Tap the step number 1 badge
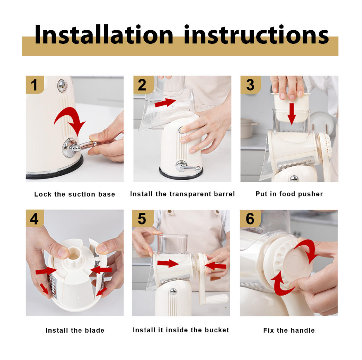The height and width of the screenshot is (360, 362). pos(35,85)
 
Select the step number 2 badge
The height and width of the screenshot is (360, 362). pos(142,85)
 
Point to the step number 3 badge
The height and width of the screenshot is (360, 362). pos(250,85)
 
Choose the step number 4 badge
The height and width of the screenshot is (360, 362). pos(35,219)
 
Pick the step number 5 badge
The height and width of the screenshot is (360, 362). pos(142,219)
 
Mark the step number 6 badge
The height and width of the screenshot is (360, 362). pos(250,219)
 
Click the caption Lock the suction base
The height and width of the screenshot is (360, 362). pos(75,194)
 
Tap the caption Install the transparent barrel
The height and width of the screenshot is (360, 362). pos(182,194)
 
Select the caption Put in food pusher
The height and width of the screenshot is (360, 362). pos(289,194)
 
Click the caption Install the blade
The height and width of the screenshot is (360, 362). pos(75,330)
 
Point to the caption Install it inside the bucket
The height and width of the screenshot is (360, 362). pos(181,330)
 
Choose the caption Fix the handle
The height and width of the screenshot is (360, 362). pos(289,330)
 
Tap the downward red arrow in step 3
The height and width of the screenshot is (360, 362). pos(292,113)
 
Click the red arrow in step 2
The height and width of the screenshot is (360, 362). pos(165,103)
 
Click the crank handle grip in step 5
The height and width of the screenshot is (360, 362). pos(217,298)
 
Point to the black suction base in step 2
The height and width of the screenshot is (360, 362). pos(181,174)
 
